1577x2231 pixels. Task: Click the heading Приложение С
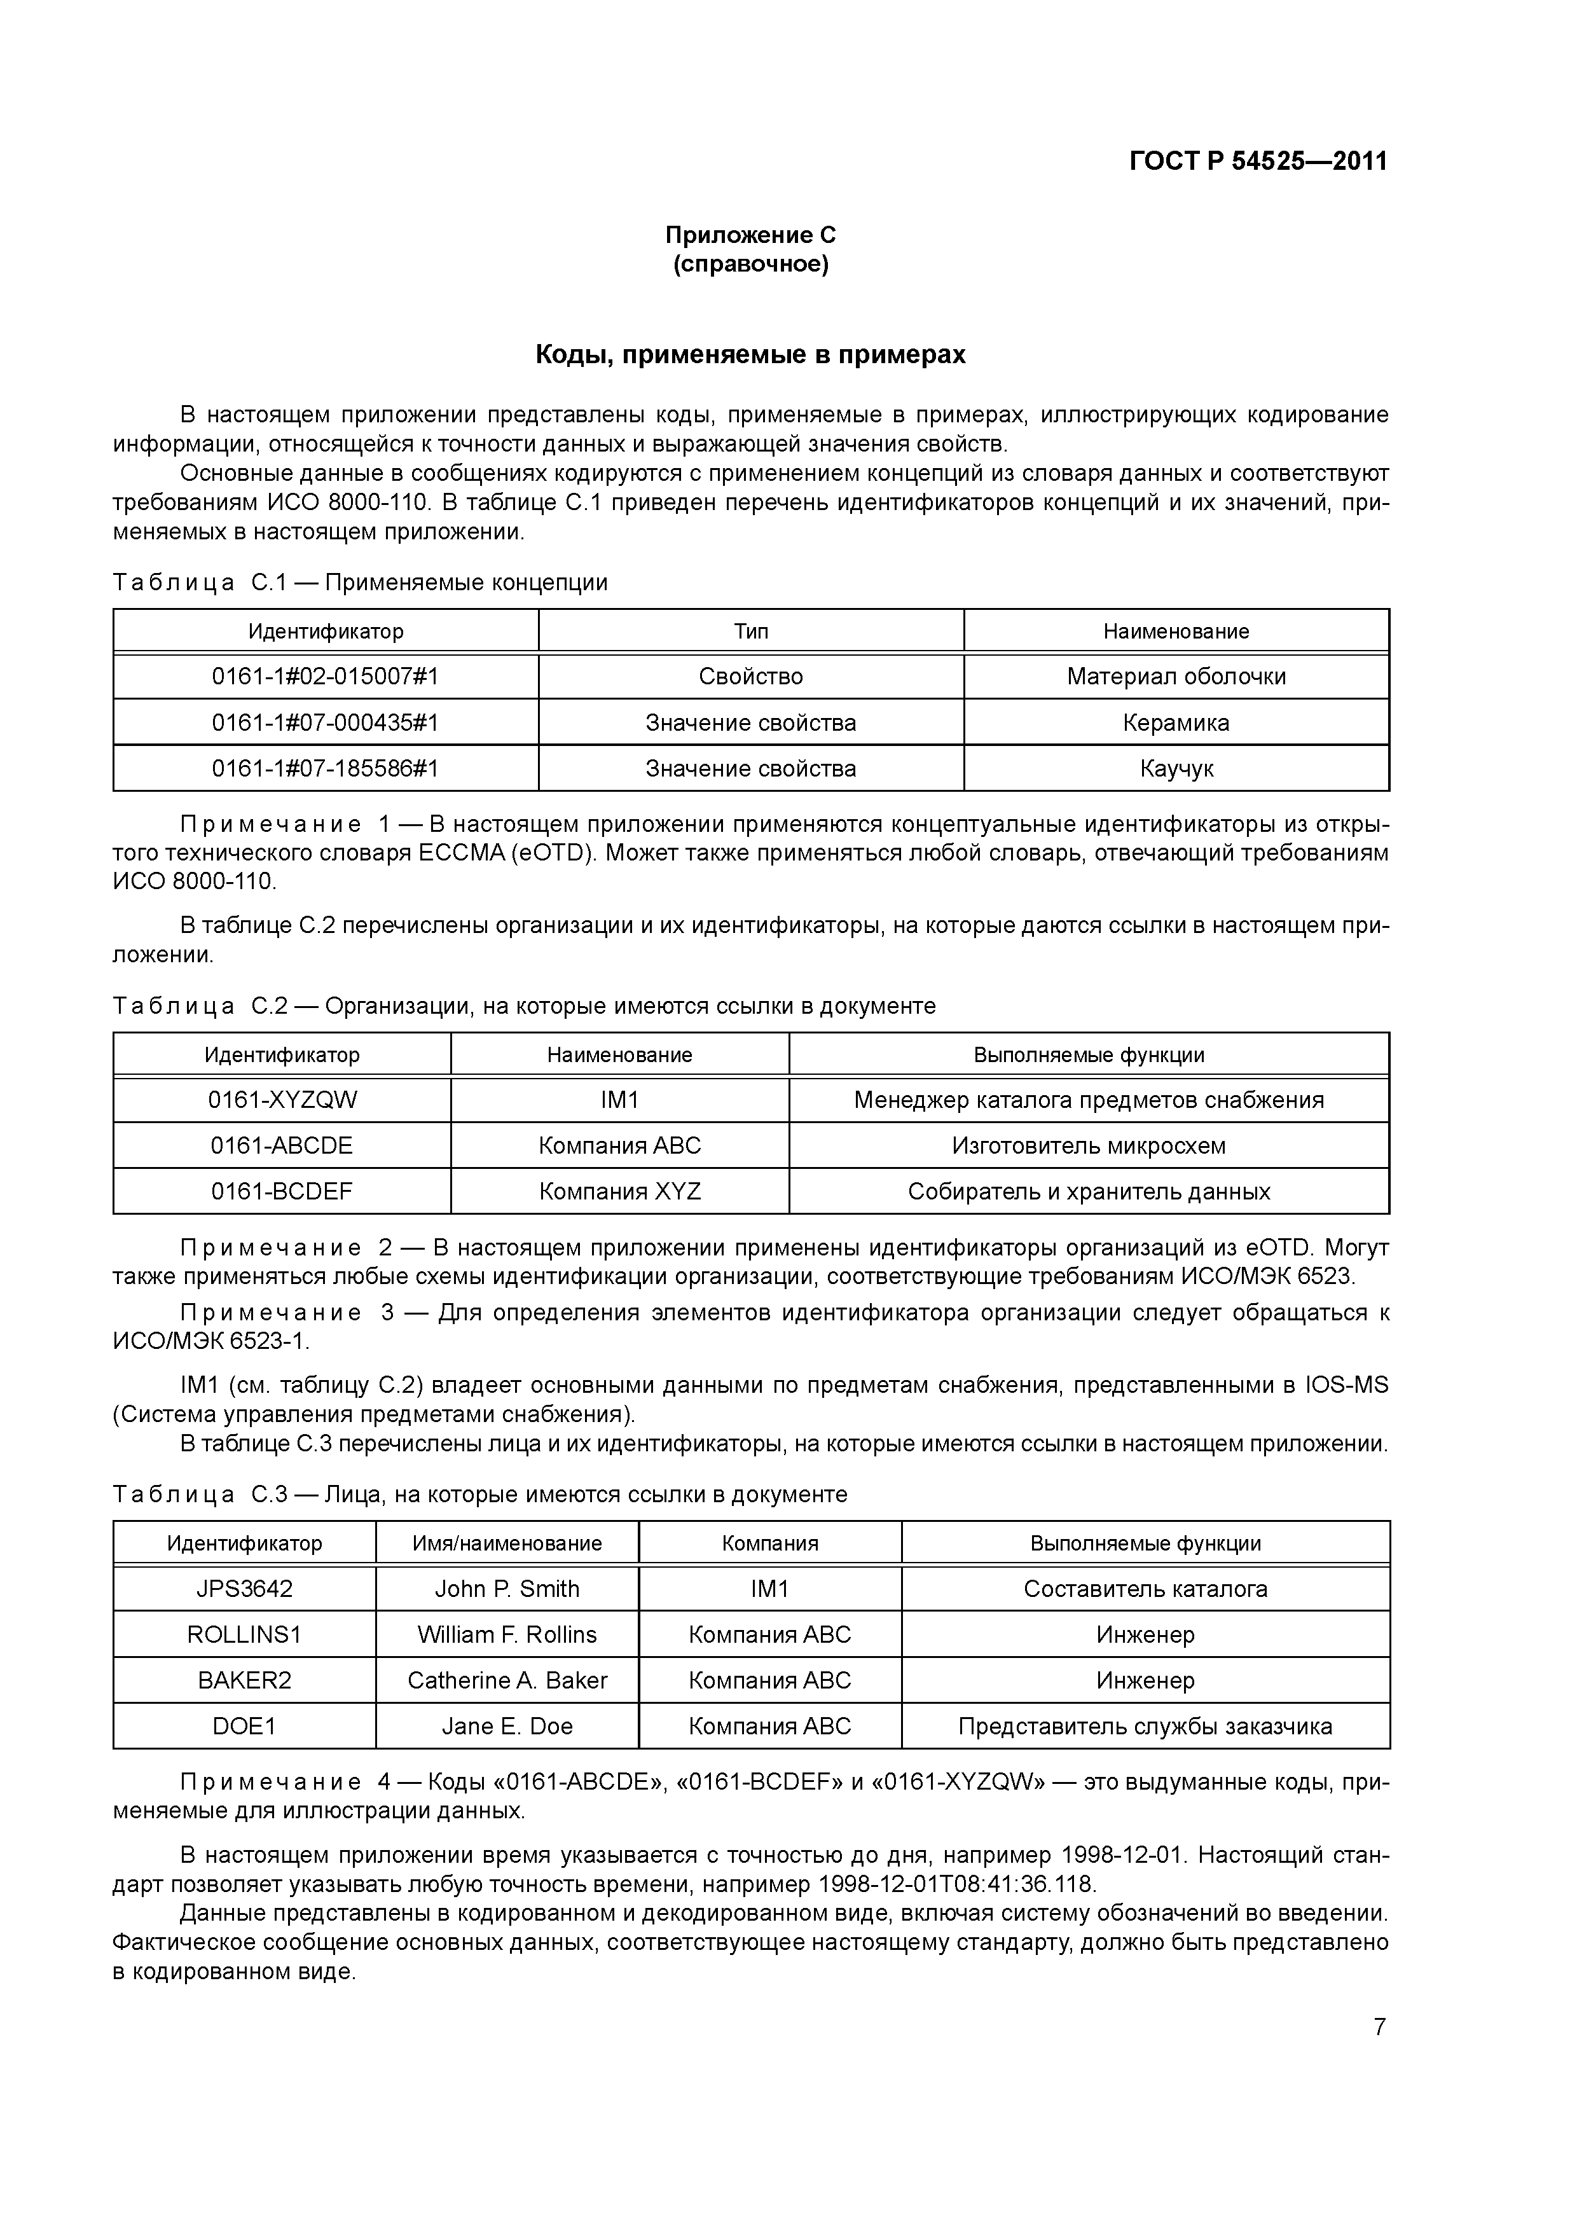click(x=750, y=235)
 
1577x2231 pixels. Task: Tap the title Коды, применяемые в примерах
click(x=750, y=356)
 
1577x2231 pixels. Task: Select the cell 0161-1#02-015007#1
click(x=326, y=676)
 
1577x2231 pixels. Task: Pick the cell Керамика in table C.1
click(x=1176, y=723)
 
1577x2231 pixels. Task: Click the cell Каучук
click(x=1176, y=769)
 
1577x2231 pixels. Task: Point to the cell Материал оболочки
click(x=1176, y=676)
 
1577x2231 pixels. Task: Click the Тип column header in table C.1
click(x=751, y=632)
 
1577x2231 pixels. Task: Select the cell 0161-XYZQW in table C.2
click(x=282, y=1100)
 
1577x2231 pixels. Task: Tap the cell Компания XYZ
click(x=620, y=1191)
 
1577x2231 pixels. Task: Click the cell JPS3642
click(x=244, y=1589)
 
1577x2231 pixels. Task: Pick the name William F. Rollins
click(x=507, y=1634)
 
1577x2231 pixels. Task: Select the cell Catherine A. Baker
click(x=507, y=1680)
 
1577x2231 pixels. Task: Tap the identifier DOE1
click(x=244, y=1726)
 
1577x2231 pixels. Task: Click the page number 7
click(x=1380, y=2027)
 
